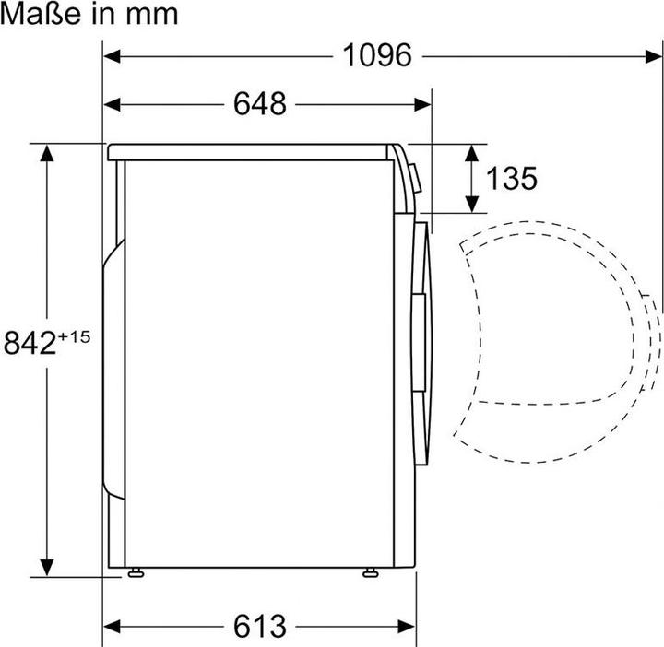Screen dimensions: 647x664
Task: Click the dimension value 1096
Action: (377, 55)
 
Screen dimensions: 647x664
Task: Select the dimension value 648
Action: (259, 104)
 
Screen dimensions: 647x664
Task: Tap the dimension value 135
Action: (511, 178)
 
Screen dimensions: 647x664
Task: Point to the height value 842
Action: (30, 343)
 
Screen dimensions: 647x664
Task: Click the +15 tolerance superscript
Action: (74, 337)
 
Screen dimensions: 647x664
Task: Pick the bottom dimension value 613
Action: (259, 626)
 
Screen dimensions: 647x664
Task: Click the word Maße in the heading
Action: (36, 13)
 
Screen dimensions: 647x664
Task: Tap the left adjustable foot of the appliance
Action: (136, 573)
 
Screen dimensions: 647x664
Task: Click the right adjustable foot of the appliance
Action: (371, 573)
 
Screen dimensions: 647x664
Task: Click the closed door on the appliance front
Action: (421, 341)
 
